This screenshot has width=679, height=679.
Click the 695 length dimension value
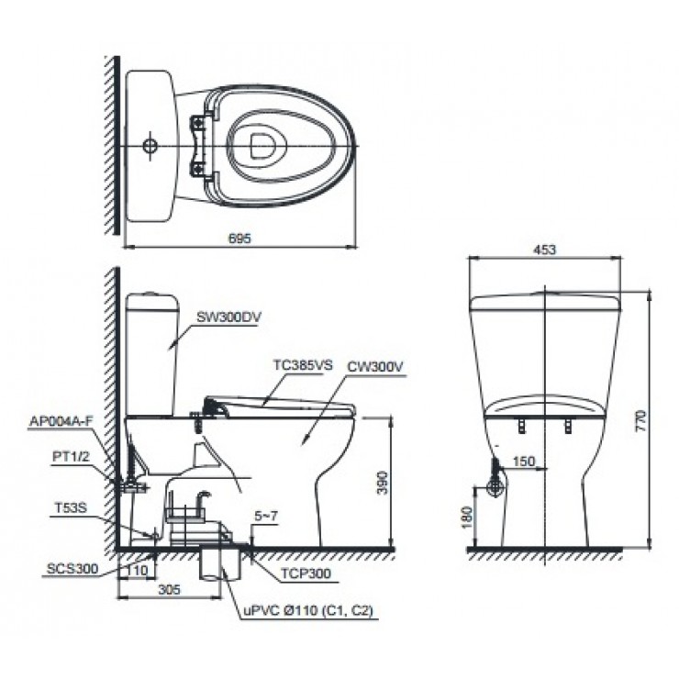click(238, 238)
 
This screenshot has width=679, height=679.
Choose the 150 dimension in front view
click(523, 462)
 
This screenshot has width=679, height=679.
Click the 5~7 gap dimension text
click(268, 518)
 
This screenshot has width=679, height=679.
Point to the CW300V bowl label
click(375, 365)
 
